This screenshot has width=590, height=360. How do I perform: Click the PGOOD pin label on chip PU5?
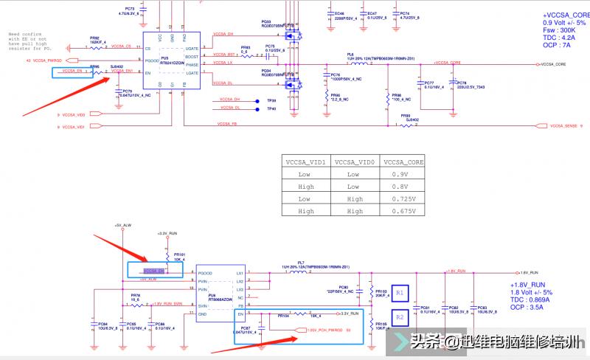(152, 59)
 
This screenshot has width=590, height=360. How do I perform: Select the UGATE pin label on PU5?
(192, 47)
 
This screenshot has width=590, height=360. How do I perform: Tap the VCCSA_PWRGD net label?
(47, 59)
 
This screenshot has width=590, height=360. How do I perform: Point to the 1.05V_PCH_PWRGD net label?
(324, 329)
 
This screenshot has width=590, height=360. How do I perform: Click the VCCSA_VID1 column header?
(304, 161)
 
